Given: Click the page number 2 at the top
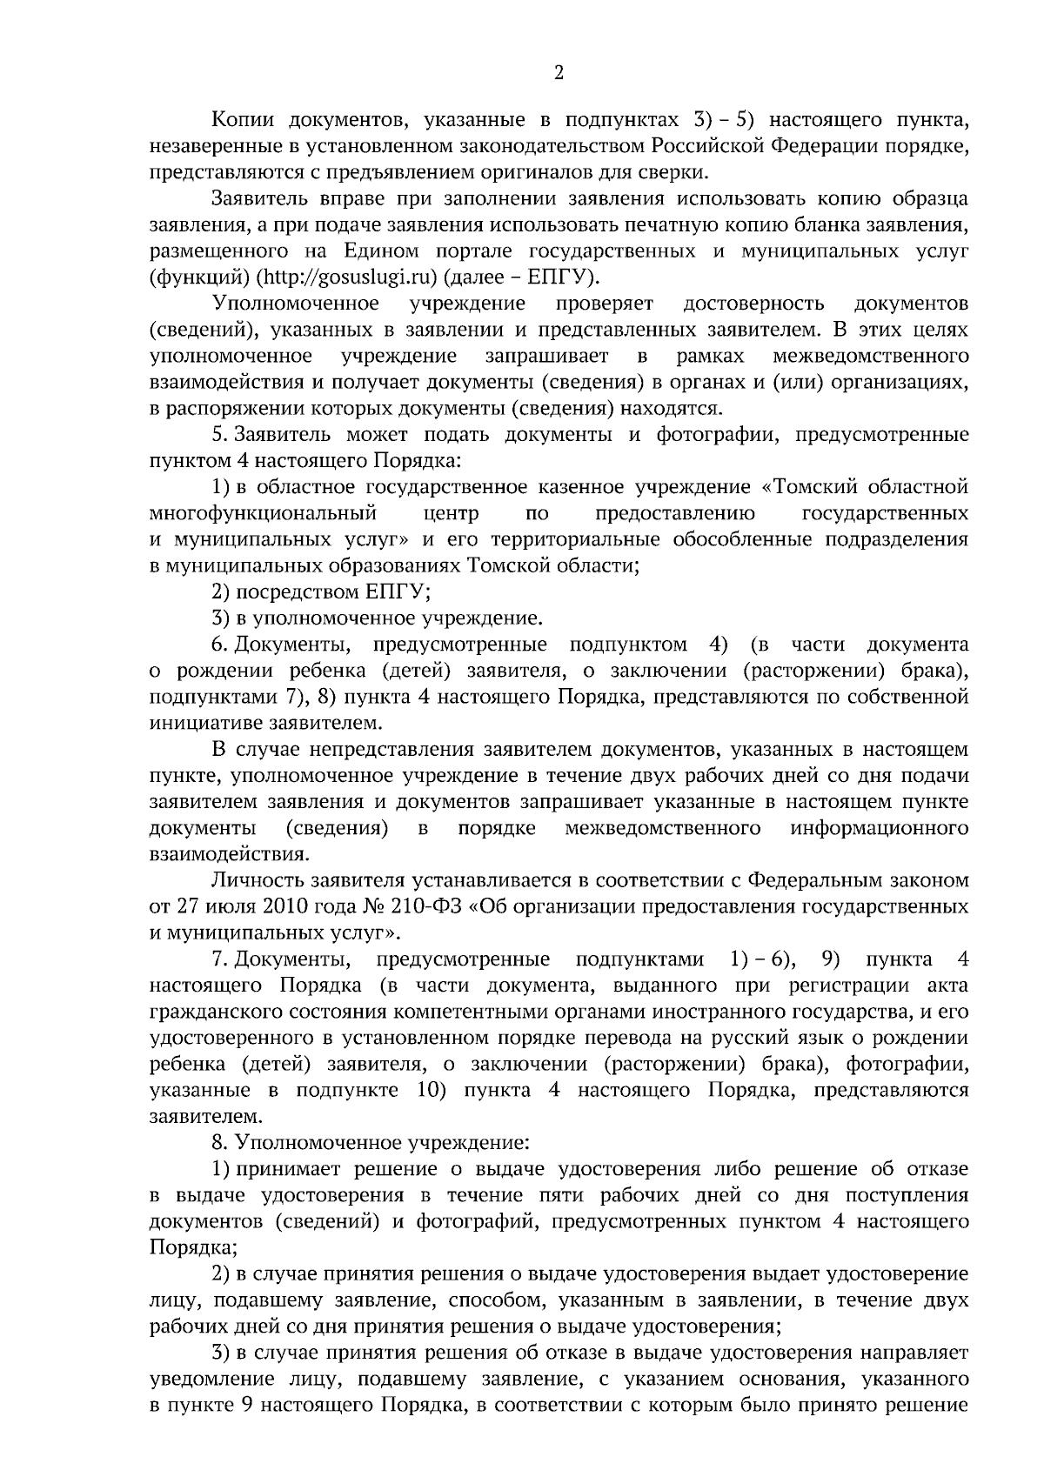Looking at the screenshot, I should [559, 73].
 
